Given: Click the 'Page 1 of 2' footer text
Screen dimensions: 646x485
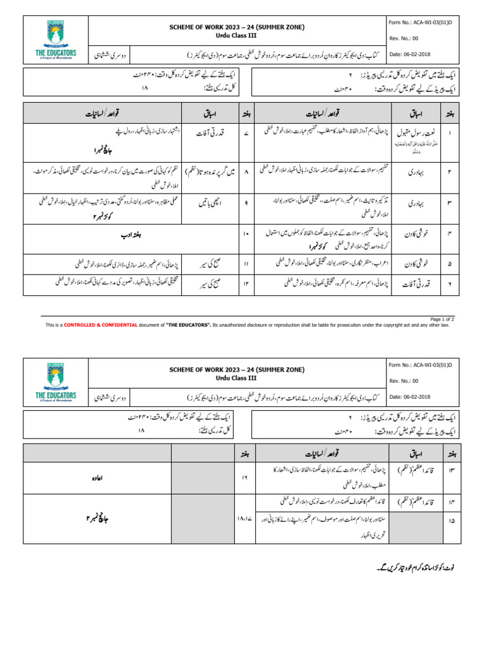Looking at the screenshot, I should pos(441,319).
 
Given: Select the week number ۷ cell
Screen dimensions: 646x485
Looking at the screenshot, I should pos(245,134).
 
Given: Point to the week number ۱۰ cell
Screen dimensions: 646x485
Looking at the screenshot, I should pos(245,234).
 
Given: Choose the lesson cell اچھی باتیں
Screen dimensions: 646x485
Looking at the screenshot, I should pos(210,205).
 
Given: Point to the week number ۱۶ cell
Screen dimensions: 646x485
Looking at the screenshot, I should pos(245,479).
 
